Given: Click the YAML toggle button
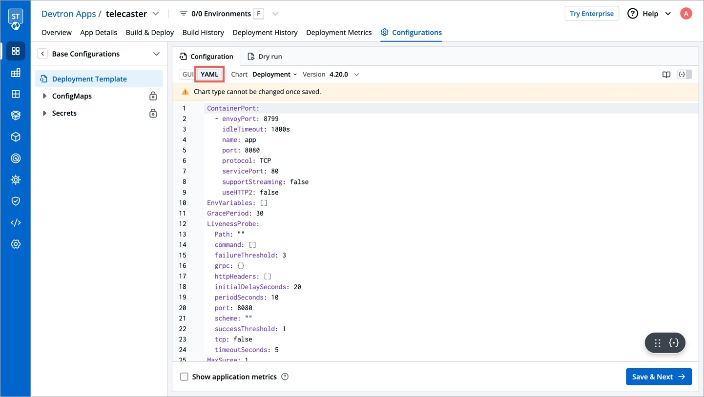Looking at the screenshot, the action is tap(209, 75).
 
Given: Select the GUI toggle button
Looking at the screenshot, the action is tap(187, 75).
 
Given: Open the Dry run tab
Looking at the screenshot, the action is tap(265, 57).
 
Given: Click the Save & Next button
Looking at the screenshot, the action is tap(659, 377).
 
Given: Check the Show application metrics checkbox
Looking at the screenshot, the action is tap(184, 377).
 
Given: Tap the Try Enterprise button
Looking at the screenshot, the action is tap(592, 14).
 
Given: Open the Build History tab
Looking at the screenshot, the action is tap(203, 32).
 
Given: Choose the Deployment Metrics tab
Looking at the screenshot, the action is tap(339, 32).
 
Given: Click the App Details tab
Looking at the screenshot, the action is tap(98, 32).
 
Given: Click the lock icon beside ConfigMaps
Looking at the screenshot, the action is tap(153, 96).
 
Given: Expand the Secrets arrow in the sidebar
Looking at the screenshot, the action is tap(44, 113).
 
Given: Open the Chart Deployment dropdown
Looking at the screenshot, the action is tap(274, 75).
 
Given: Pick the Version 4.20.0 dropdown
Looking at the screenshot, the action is tap(344, 75).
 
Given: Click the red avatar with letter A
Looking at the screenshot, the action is tap(686, 14).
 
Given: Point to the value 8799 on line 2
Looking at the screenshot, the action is tap(271, 119).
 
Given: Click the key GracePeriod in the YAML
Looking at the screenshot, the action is tap(228, 213).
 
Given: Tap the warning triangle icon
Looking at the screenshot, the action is tap(185, 92).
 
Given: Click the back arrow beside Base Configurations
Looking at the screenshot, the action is tap(42, 54).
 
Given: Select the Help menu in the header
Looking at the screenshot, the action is tap(649, 14).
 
